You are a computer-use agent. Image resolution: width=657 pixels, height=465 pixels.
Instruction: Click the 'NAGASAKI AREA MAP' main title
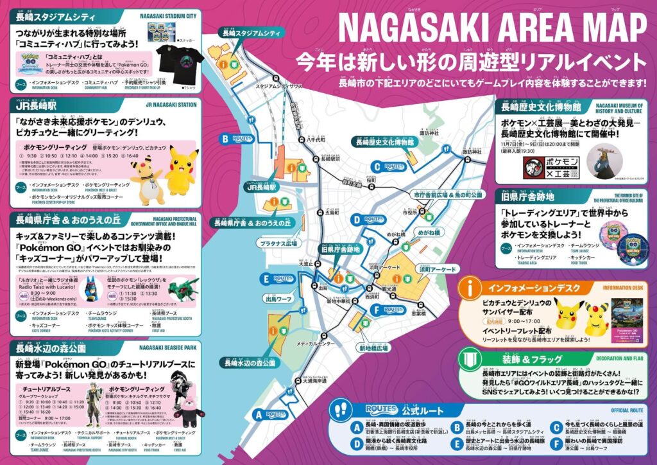pyautogui.click(x=492, y=30)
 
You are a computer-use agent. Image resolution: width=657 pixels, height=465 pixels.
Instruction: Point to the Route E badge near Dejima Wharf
pyautogui.click(x=277, y=279)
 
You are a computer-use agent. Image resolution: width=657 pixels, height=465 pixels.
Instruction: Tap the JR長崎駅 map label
pyautogui.click(x=260, y=188)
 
